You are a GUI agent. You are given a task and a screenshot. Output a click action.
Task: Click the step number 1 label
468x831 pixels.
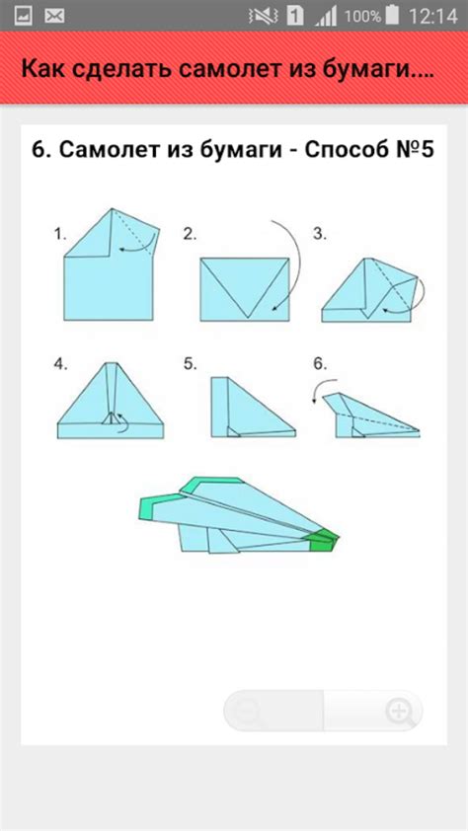60,234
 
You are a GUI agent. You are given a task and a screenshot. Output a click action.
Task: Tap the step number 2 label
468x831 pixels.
190,234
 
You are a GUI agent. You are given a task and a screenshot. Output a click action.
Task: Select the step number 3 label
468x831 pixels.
319,234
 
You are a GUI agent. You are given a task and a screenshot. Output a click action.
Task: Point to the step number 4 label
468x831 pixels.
60,364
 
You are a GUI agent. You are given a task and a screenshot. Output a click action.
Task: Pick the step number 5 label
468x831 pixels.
190,364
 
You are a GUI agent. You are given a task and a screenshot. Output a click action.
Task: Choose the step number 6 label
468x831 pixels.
319,364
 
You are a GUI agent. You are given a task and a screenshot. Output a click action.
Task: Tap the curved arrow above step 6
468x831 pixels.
321,386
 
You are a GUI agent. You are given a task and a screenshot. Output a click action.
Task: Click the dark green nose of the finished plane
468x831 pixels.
323,540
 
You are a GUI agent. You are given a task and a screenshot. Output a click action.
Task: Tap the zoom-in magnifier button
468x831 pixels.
400,711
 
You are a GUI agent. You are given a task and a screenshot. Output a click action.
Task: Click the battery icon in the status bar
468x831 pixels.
393,16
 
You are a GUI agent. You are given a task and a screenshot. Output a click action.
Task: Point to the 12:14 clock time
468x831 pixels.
432,16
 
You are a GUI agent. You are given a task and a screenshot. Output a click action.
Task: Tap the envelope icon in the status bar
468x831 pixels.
54,16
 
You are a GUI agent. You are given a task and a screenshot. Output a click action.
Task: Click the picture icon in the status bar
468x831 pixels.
23,16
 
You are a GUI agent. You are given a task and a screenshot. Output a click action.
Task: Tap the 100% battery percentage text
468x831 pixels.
362,16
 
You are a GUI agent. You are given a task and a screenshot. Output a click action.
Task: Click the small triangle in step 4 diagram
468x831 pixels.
111,418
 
